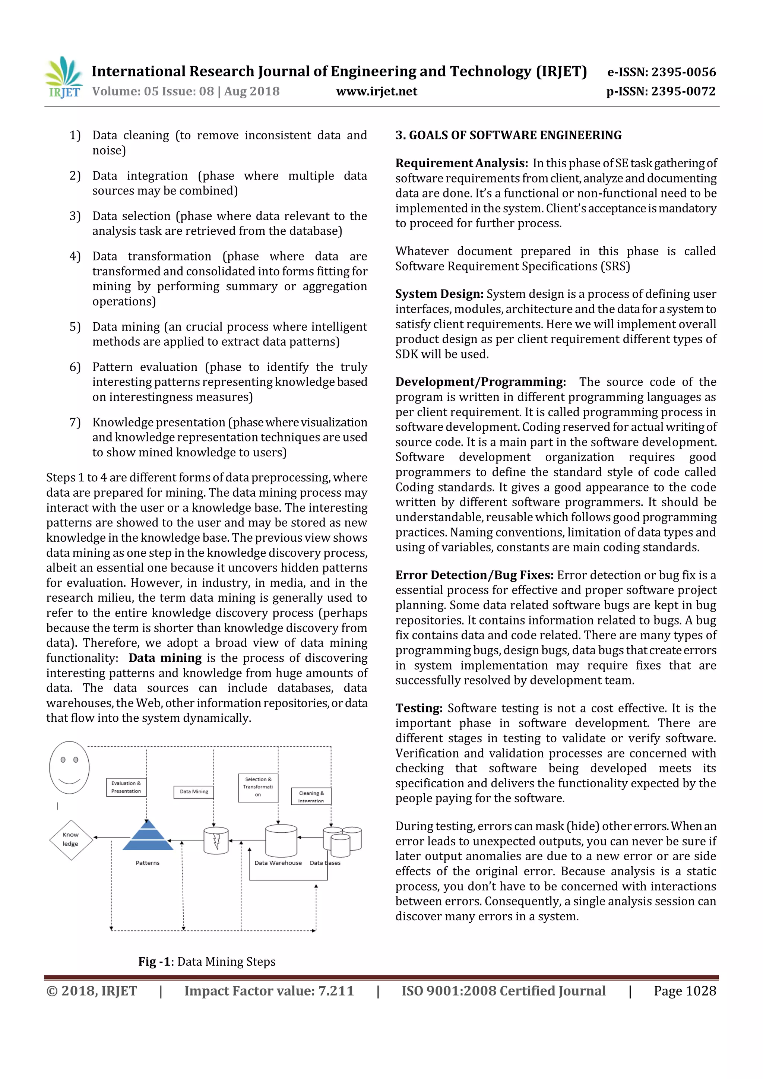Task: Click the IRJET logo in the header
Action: (63, 77)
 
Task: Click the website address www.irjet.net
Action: (376, 91)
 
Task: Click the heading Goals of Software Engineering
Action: (508, 135)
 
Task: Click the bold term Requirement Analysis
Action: (461, 163)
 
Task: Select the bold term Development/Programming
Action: (480, 382)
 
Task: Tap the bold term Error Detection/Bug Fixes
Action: (474, 575)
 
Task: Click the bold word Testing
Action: (419, 708)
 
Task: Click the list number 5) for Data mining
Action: (75, 327)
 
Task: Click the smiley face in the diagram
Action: (70, 768)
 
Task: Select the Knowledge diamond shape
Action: (71, 840)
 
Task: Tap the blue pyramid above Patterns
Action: (148, 836)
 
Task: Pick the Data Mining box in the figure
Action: (194, 791)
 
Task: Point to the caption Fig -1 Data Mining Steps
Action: (207, 962)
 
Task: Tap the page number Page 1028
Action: (684, 991)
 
